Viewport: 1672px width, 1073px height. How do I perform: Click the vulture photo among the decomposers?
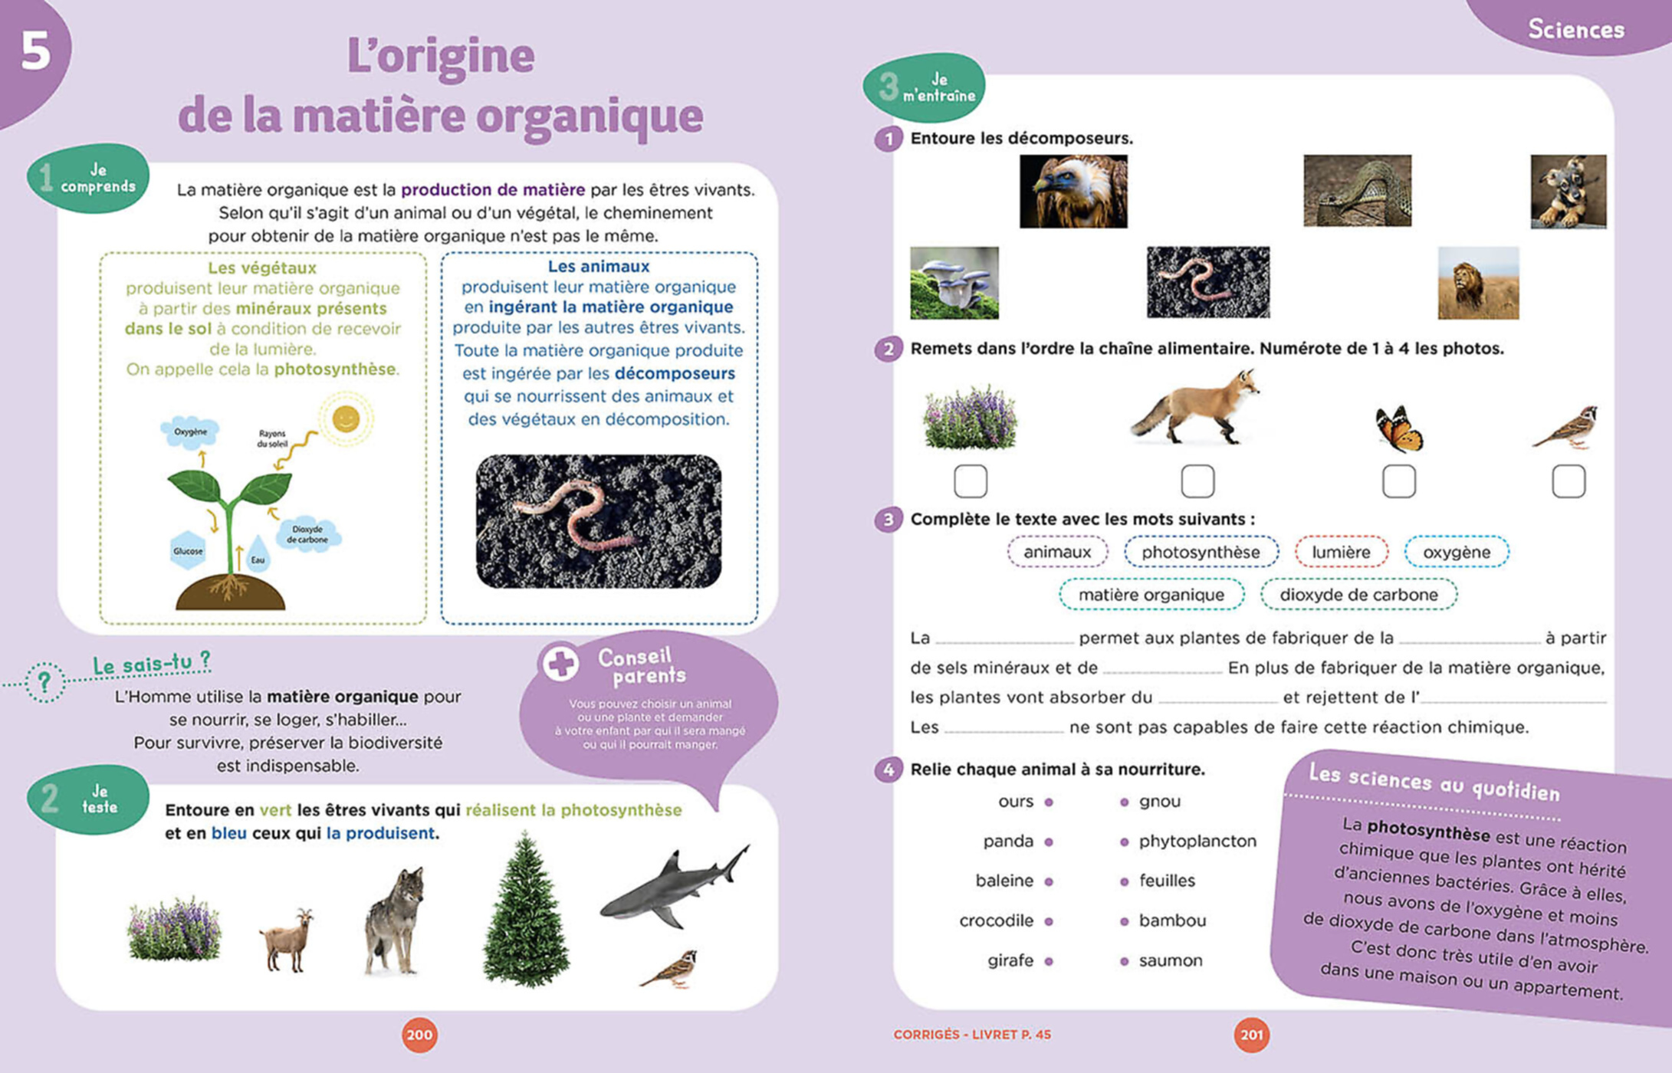coord(1073,192)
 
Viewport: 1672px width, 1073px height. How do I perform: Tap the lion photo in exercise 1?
coord(1477,283)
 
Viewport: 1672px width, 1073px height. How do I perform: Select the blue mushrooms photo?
coord(954,283)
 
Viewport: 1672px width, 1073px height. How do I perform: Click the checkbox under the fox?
coord(1197,481)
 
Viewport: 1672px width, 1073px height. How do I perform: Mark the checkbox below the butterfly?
coord(1398,481)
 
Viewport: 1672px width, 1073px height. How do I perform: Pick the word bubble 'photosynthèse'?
coord(1201,552)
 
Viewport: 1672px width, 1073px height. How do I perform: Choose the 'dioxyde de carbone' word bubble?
coord(1358,595)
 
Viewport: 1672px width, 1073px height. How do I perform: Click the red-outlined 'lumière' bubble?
coord(1341,552)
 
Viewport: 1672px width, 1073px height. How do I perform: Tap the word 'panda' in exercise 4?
coord(1008,842)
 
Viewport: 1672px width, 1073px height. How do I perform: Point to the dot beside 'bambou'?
coord(1124,921)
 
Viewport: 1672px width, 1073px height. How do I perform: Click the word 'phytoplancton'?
coord(1197,842)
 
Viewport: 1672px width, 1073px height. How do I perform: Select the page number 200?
coord(419,1035)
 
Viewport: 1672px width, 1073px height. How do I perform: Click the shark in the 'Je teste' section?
coord(672,889)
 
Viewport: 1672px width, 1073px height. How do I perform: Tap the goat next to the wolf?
coord(287,940)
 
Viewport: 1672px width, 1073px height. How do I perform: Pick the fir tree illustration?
coord(526,912)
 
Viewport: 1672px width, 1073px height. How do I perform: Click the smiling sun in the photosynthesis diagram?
coord(346,419)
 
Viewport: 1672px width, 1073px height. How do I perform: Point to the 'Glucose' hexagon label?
coord(188,550)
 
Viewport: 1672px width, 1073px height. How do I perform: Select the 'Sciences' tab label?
coord(1576,29)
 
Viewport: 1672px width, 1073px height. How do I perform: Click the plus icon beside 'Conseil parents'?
coord(561,664)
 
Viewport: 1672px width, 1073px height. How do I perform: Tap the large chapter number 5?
coord(35,52)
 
